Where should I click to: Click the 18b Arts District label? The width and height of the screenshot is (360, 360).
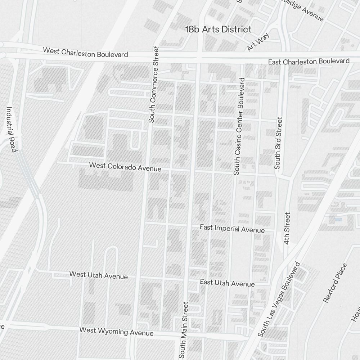coord(218,29)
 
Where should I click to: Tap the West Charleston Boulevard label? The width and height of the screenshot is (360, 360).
coord(85,52)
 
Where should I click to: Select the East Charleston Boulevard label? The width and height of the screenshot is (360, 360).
coord(309,62)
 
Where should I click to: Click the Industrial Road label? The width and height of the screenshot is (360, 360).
coord(11,129)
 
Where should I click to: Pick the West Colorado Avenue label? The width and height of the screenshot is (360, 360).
coord(125,167)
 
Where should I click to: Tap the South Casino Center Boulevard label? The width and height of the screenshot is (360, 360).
coord(239,126)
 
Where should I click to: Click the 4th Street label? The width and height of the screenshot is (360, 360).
coord(287,228)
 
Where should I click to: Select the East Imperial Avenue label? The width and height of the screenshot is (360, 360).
coord(232,229)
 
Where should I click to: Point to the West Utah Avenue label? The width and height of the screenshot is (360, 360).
coord(98,275)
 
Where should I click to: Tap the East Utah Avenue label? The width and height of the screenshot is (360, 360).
coord(227,283)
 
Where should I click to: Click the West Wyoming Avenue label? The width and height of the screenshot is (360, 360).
coord(116,331)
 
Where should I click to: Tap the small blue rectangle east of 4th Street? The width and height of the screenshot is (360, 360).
coord(338,219)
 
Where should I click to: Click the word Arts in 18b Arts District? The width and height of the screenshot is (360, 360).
coord(210,29)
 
